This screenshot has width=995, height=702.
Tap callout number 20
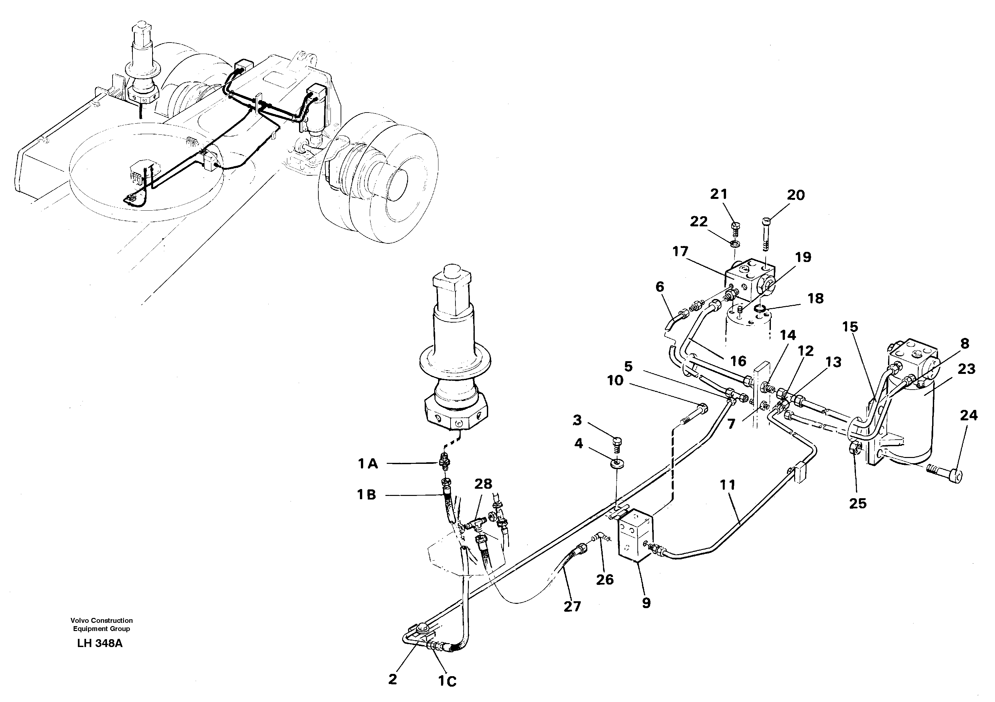tap(796, 195)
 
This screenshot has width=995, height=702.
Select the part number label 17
tap(680, 251)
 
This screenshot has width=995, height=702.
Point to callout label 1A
tap(368, 464)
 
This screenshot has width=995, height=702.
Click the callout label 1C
tap(447, 682)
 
